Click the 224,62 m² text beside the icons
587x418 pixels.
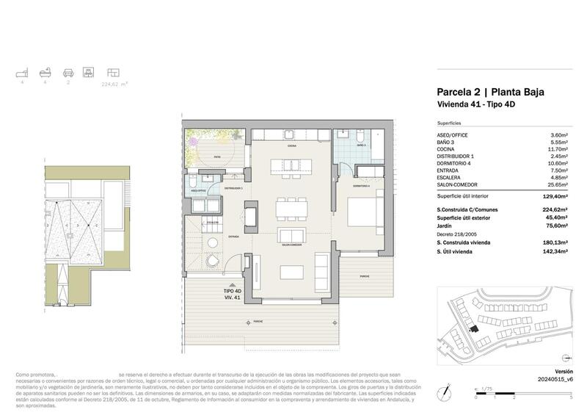(114, 84)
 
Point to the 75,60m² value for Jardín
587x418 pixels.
(560, 227)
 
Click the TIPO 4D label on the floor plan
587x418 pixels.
(233, 292)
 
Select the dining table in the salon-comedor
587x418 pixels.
(290, 210)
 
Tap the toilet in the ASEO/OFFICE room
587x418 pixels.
(192, 181)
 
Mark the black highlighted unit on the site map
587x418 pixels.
(473, 332)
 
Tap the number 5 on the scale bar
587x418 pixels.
(571, 397)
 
